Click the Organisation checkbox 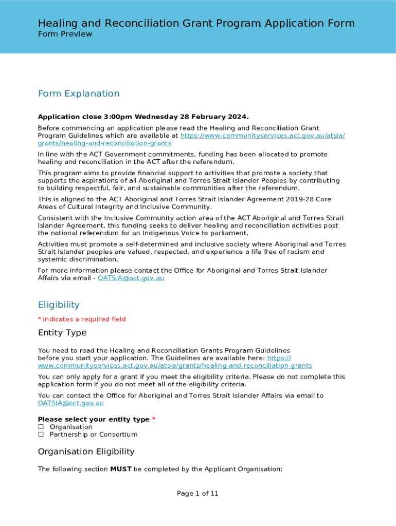[x=41, y=427]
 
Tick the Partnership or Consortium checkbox [x=41, y=435]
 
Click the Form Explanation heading [x=79, y=93]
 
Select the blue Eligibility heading [x=59, y=305]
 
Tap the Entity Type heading [x=62, y=333]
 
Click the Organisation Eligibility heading [x=86, y=452]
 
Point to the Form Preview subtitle [x=65, y=34]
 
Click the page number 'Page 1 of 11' [x=197, y=494]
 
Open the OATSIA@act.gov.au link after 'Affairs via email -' [x=131, y=278]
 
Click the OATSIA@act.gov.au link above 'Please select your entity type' [x=71, y=403]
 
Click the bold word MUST [x=121, y=469]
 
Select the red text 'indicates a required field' [x=84, y=319]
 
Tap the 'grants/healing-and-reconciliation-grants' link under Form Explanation [x=104, y=143]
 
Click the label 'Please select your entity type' [x=94, y=419]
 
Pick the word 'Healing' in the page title [x=57, y=23]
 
